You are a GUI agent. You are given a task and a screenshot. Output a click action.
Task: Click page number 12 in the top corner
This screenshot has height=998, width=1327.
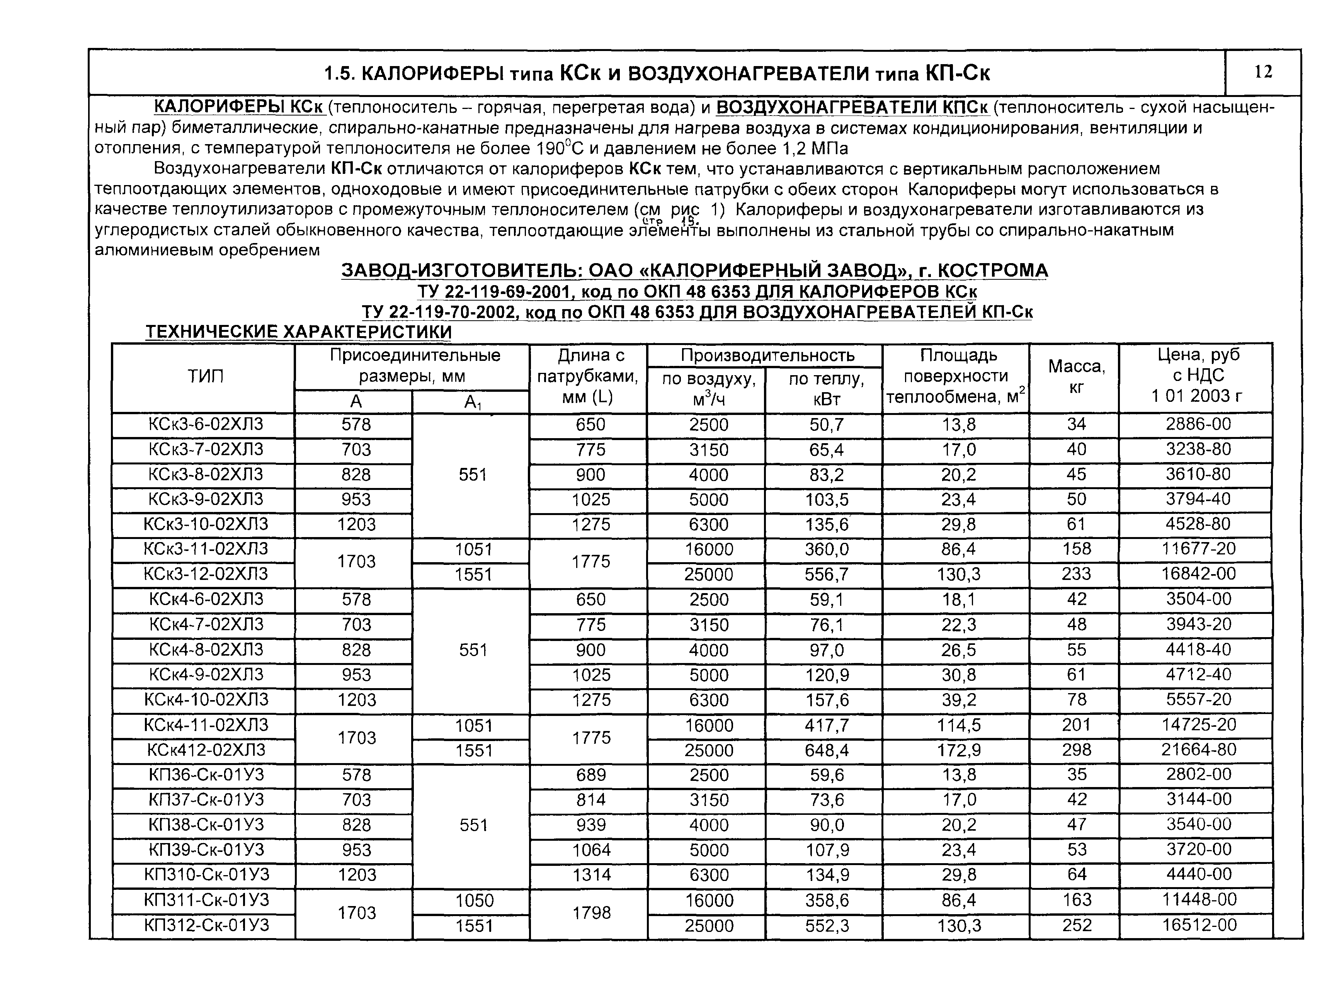[x=1263, y=72]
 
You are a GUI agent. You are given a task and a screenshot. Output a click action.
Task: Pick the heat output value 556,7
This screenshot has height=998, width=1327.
[x=826, y=575]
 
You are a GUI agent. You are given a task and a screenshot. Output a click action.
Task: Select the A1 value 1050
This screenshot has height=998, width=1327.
[x=473, y=900]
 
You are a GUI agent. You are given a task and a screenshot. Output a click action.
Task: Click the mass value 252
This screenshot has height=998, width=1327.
[x=1076, y=925]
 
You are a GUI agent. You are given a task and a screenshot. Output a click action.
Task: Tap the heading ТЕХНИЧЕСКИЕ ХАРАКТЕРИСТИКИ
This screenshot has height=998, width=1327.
[x=298, y=332]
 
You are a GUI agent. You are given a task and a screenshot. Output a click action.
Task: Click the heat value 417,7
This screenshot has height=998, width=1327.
[x=826, y=725]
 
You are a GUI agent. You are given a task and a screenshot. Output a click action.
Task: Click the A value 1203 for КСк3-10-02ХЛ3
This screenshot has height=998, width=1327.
[x=356, y=524]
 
